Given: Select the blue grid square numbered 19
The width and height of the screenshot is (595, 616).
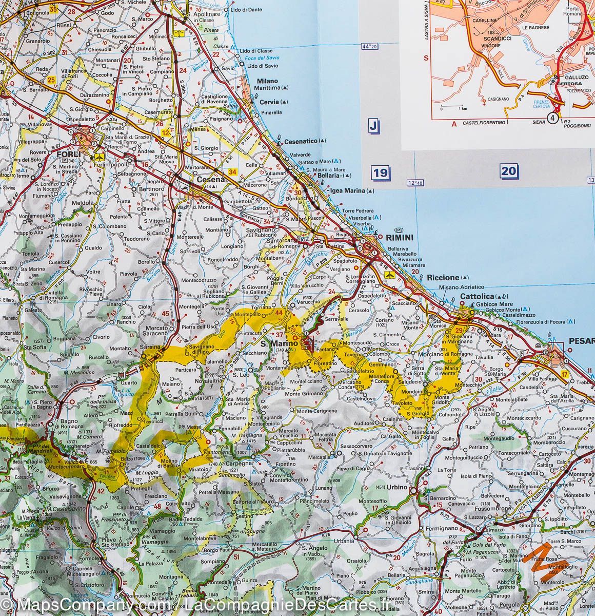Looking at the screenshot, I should [x=380, y=173].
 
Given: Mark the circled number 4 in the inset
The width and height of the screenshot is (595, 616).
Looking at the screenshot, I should [x=552, y=118].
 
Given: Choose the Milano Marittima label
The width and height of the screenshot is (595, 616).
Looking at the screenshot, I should [x=267, y=85].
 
